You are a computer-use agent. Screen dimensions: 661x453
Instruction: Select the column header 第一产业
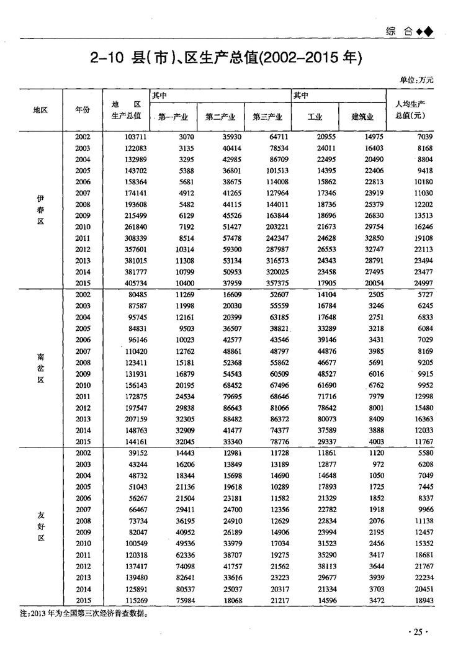(x=173, y=116)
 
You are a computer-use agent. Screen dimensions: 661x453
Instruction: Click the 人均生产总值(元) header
(x=409, y=109)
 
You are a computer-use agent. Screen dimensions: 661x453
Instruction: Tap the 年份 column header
(x=83, y=109)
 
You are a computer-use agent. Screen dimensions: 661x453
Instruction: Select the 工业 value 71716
(x=320, y=396)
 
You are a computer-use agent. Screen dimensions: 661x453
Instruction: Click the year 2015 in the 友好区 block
(x=83, y=600)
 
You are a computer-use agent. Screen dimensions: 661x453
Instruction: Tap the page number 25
(x=417, y=632)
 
